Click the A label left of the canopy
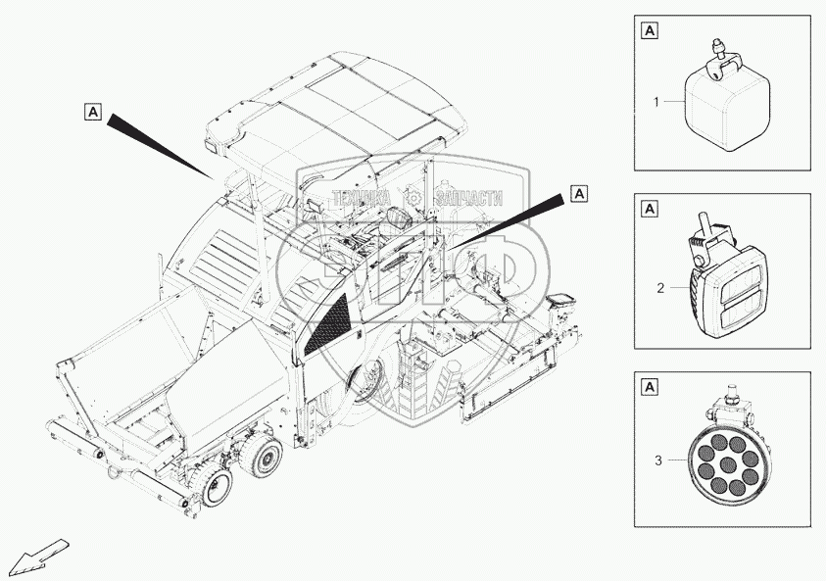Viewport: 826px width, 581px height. click(91, 113)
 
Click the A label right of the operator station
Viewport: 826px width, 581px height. click(580, 193)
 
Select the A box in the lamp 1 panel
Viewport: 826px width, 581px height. click(650, 30)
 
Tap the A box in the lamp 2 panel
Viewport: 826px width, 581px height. click(650, 209)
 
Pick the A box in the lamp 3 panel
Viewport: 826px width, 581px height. click(650, 386)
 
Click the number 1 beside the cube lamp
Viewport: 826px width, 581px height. click(658, 101)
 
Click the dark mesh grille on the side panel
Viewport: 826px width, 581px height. click(326, 321)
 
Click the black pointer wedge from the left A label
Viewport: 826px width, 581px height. click(162, 144)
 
